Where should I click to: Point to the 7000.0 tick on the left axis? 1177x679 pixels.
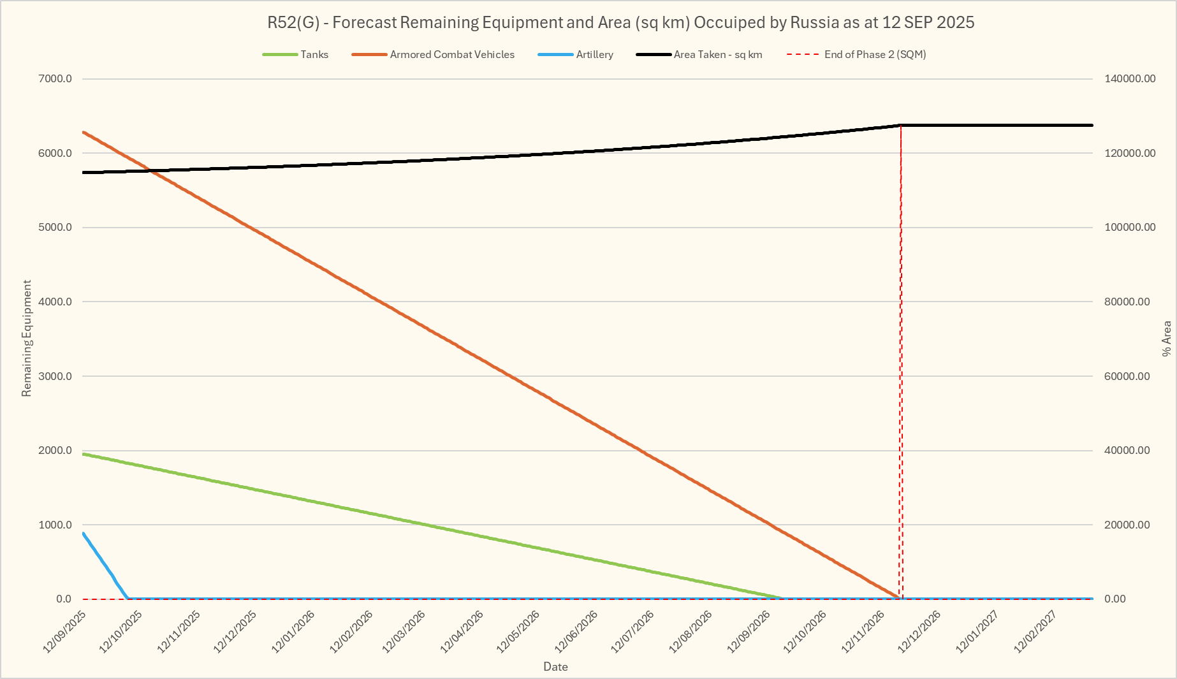point(56,79)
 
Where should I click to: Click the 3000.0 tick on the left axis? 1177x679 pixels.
point(56,376)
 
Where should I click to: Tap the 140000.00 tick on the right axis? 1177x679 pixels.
point(1129,79)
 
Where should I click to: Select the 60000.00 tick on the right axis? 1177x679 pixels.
point(1127,376)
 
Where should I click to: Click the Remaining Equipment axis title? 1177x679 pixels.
point(27,338)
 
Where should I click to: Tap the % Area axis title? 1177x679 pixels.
point(1166,338)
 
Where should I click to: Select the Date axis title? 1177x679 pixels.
point(555,667)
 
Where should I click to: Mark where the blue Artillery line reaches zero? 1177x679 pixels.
point(128,599)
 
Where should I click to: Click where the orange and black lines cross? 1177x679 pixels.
point(149,170)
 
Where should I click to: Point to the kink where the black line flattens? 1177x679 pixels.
point(900,125)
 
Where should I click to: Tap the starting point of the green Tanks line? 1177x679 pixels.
point(84,454)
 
